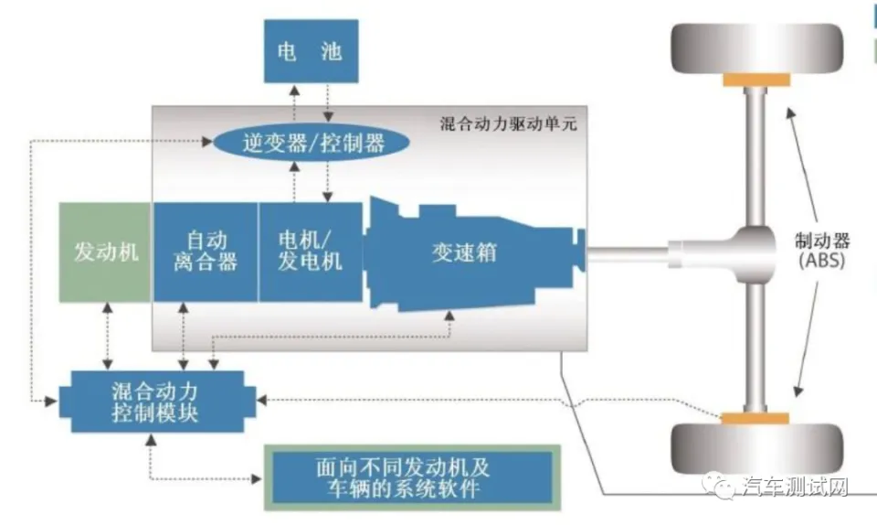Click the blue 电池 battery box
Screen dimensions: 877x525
311,51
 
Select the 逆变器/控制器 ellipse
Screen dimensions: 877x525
312,142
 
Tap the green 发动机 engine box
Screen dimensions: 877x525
105,252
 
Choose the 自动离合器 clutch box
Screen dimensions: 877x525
206,252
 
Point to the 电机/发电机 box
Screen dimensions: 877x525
310,252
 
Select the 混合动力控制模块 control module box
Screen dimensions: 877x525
157,402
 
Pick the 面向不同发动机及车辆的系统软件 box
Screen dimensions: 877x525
412,477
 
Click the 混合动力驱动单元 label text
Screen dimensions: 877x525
508,123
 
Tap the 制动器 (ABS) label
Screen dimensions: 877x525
821,251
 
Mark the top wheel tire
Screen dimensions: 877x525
757,49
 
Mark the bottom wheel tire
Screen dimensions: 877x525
757,449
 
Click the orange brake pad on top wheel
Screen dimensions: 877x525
756,80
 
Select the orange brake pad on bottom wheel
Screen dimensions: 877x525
755,418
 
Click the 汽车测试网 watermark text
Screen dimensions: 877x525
796,487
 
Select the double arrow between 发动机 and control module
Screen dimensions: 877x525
108,336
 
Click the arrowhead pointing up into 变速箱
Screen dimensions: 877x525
449,316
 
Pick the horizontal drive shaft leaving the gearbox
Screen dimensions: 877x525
627,254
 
